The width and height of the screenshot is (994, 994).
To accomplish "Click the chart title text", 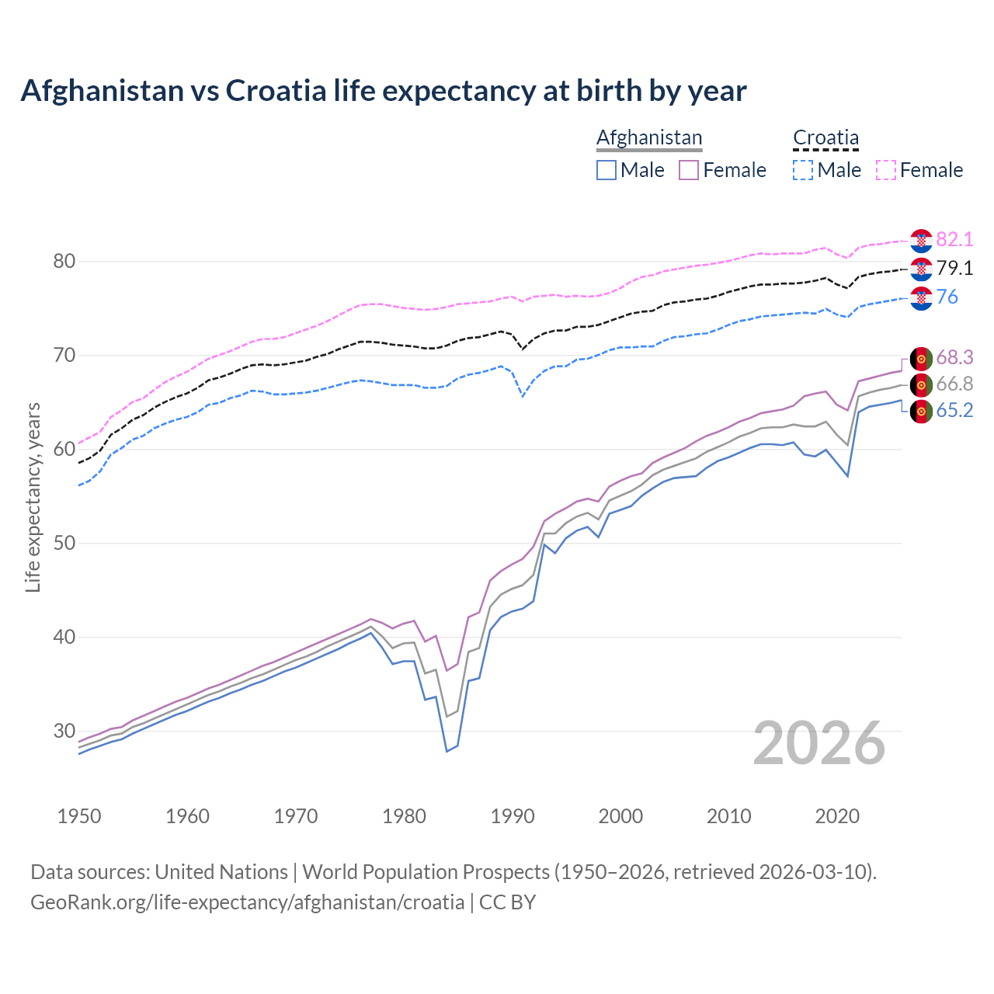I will [x=383, y=91].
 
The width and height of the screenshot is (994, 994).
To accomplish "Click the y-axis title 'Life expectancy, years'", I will [x=33, y=497].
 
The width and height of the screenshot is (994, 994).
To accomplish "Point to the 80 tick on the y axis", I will [x=64, y=262].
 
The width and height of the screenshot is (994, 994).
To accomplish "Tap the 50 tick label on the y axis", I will [x=64, y=543].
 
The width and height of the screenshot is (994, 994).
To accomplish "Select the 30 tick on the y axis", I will [x=64, y=731].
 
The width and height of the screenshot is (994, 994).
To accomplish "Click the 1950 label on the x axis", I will [x=79, y=816].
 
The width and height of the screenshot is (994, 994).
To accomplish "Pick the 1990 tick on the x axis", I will [x=513, y=816].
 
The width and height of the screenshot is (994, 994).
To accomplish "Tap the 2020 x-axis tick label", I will [x=837, y=816].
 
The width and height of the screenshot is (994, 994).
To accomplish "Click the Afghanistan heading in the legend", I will [x=649, y=137].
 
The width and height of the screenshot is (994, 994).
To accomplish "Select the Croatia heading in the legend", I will [x=825, y=137].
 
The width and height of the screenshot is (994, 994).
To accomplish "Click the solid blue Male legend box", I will [x=606, y=170].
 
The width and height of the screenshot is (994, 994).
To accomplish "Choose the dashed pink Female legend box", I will [x=886, y=170].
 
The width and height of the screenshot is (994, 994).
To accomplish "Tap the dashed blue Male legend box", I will [x=803, y=170].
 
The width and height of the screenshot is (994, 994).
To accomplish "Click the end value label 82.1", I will [x=954, y=240].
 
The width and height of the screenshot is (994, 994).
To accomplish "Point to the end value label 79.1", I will [x=954, y=269].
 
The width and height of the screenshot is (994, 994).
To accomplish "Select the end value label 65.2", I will [x=954, y=411].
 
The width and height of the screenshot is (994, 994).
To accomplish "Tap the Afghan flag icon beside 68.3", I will [x=921, y=358].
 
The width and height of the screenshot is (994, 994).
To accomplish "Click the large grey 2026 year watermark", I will [x=819, y=743].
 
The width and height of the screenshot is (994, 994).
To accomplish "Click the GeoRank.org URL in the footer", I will [x=247, y=902].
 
